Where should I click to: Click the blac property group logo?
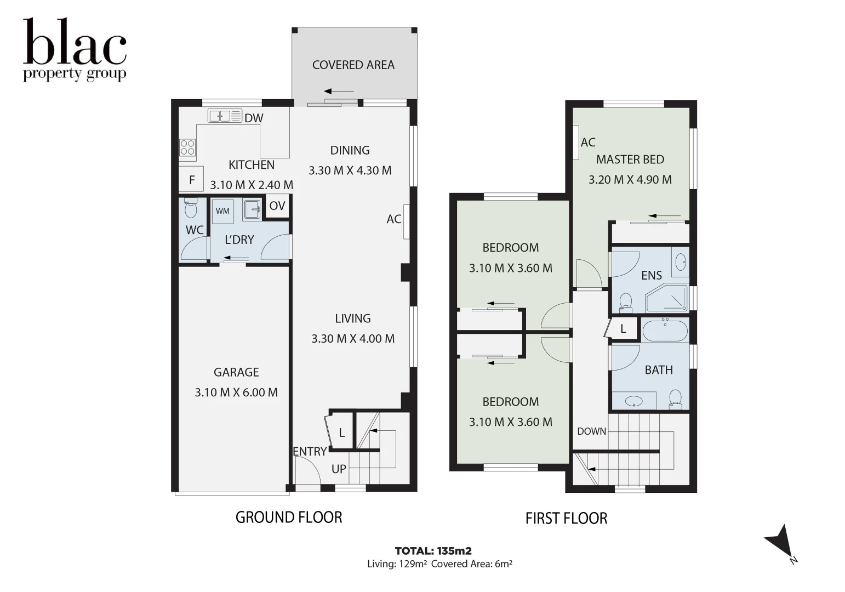(x=75, y=50)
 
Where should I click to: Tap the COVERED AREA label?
(x=353, y=65)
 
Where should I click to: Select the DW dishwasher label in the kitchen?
(x=254, y=118)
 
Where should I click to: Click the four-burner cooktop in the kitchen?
(x=187, y=147)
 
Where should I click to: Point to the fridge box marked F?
(x=191, y=180)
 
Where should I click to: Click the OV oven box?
(x=277, y=206)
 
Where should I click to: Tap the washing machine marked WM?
(x=222, y=211)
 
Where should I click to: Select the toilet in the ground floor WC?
(x=191, y=209)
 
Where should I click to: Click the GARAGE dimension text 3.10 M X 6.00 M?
(x=236, y=392)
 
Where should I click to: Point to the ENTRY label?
(x=310, y=451)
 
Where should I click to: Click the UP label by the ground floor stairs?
(x=339, y=469)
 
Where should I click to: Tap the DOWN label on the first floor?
(x=591, y=431)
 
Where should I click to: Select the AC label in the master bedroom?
(x=587, y=143)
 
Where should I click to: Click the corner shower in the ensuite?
(x=666, y=299)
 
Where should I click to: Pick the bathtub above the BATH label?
(x=665, y=331)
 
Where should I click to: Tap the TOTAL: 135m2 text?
(x=433, y=551)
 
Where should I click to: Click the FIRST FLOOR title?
(x=566, y=519)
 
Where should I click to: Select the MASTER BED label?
(x=630, y=160)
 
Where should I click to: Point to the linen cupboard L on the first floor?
(x=623, y=329)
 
